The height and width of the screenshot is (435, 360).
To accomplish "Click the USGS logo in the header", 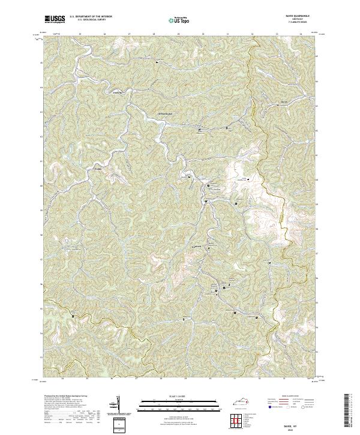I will click(55, 19).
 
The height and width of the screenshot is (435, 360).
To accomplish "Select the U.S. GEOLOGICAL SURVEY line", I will click(90, 20).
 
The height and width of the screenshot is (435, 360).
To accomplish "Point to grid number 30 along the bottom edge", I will click(210, 379).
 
